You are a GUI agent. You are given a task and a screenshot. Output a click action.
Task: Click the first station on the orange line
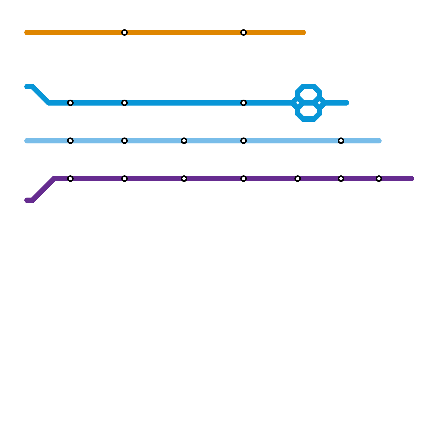coord(124,32)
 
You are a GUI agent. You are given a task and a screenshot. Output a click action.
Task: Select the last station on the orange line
coord(244,32)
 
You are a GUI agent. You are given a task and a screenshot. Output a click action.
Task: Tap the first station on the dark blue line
coord(70,103)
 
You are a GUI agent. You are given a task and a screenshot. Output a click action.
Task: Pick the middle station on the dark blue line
coord(124,103)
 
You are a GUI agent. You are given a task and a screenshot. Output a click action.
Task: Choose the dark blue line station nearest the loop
coord(244,103)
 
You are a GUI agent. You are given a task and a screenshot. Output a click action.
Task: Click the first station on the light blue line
coord(70,141)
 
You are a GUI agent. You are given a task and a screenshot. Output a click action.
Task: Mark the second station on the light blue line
coord(124,141)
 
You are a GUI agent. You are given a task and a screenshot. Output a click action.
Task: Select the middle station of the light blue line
coord(184,141)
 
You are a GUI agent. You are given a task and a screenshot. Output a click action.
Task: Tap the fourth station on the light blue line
coord(244,141)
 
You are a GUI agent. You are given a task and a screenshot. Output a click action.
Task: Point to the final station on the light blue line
coord(341,141)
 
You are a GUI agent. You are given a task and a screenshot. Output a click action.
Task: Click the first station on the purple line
coord(70,179)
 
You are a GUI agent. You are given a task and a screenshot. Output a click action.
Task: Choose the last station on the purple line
coord(379,179)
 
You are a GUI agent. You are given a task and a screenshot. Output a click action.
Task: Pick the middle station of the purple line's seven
coord(244,179)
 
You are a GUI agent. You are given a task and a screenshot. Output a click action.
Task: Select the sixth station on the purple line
coord(341,179)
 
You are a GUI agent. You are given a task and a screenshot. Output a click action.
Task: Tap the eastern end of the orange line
coord(304,32)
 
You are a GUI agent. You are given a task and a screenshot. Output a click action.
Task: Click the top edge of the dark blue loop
coord(309,87)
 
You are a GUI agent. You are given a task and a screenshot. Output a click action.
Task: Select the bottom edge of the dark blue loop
coord(309,119)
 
